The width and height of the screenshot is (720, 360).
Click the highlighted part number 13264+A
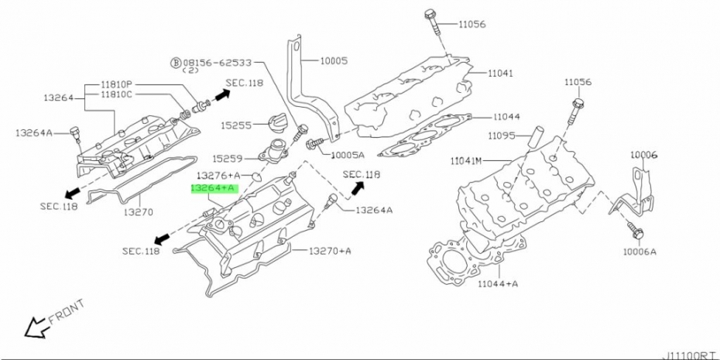(214, 187)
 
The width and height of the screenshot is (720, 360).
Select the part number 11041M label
(465, 161)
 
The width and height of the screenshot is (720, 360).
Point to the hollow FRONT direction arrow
(36, 327)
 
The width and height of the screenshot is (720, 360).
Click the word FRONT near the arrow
(67, 311)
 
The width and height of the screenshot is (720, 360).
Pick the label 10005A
(348, 155)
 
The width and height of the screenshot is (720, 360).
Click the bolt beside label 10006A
(635, 231)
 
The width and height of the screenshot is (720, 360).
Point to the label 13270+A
(329, 251)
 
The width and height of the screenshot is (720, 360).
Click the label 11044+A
(498, 284)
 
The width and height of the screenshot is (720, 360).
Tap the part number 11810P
(116, 85)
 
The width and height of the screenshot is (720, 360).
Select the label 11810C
(116, 94)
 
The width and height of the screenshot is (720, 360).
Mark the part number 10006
(643, 155)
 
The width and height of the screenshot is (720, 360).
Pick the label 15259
(228, 159)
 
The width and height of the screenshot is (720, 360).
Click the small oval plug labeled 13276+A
(257, 177)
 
